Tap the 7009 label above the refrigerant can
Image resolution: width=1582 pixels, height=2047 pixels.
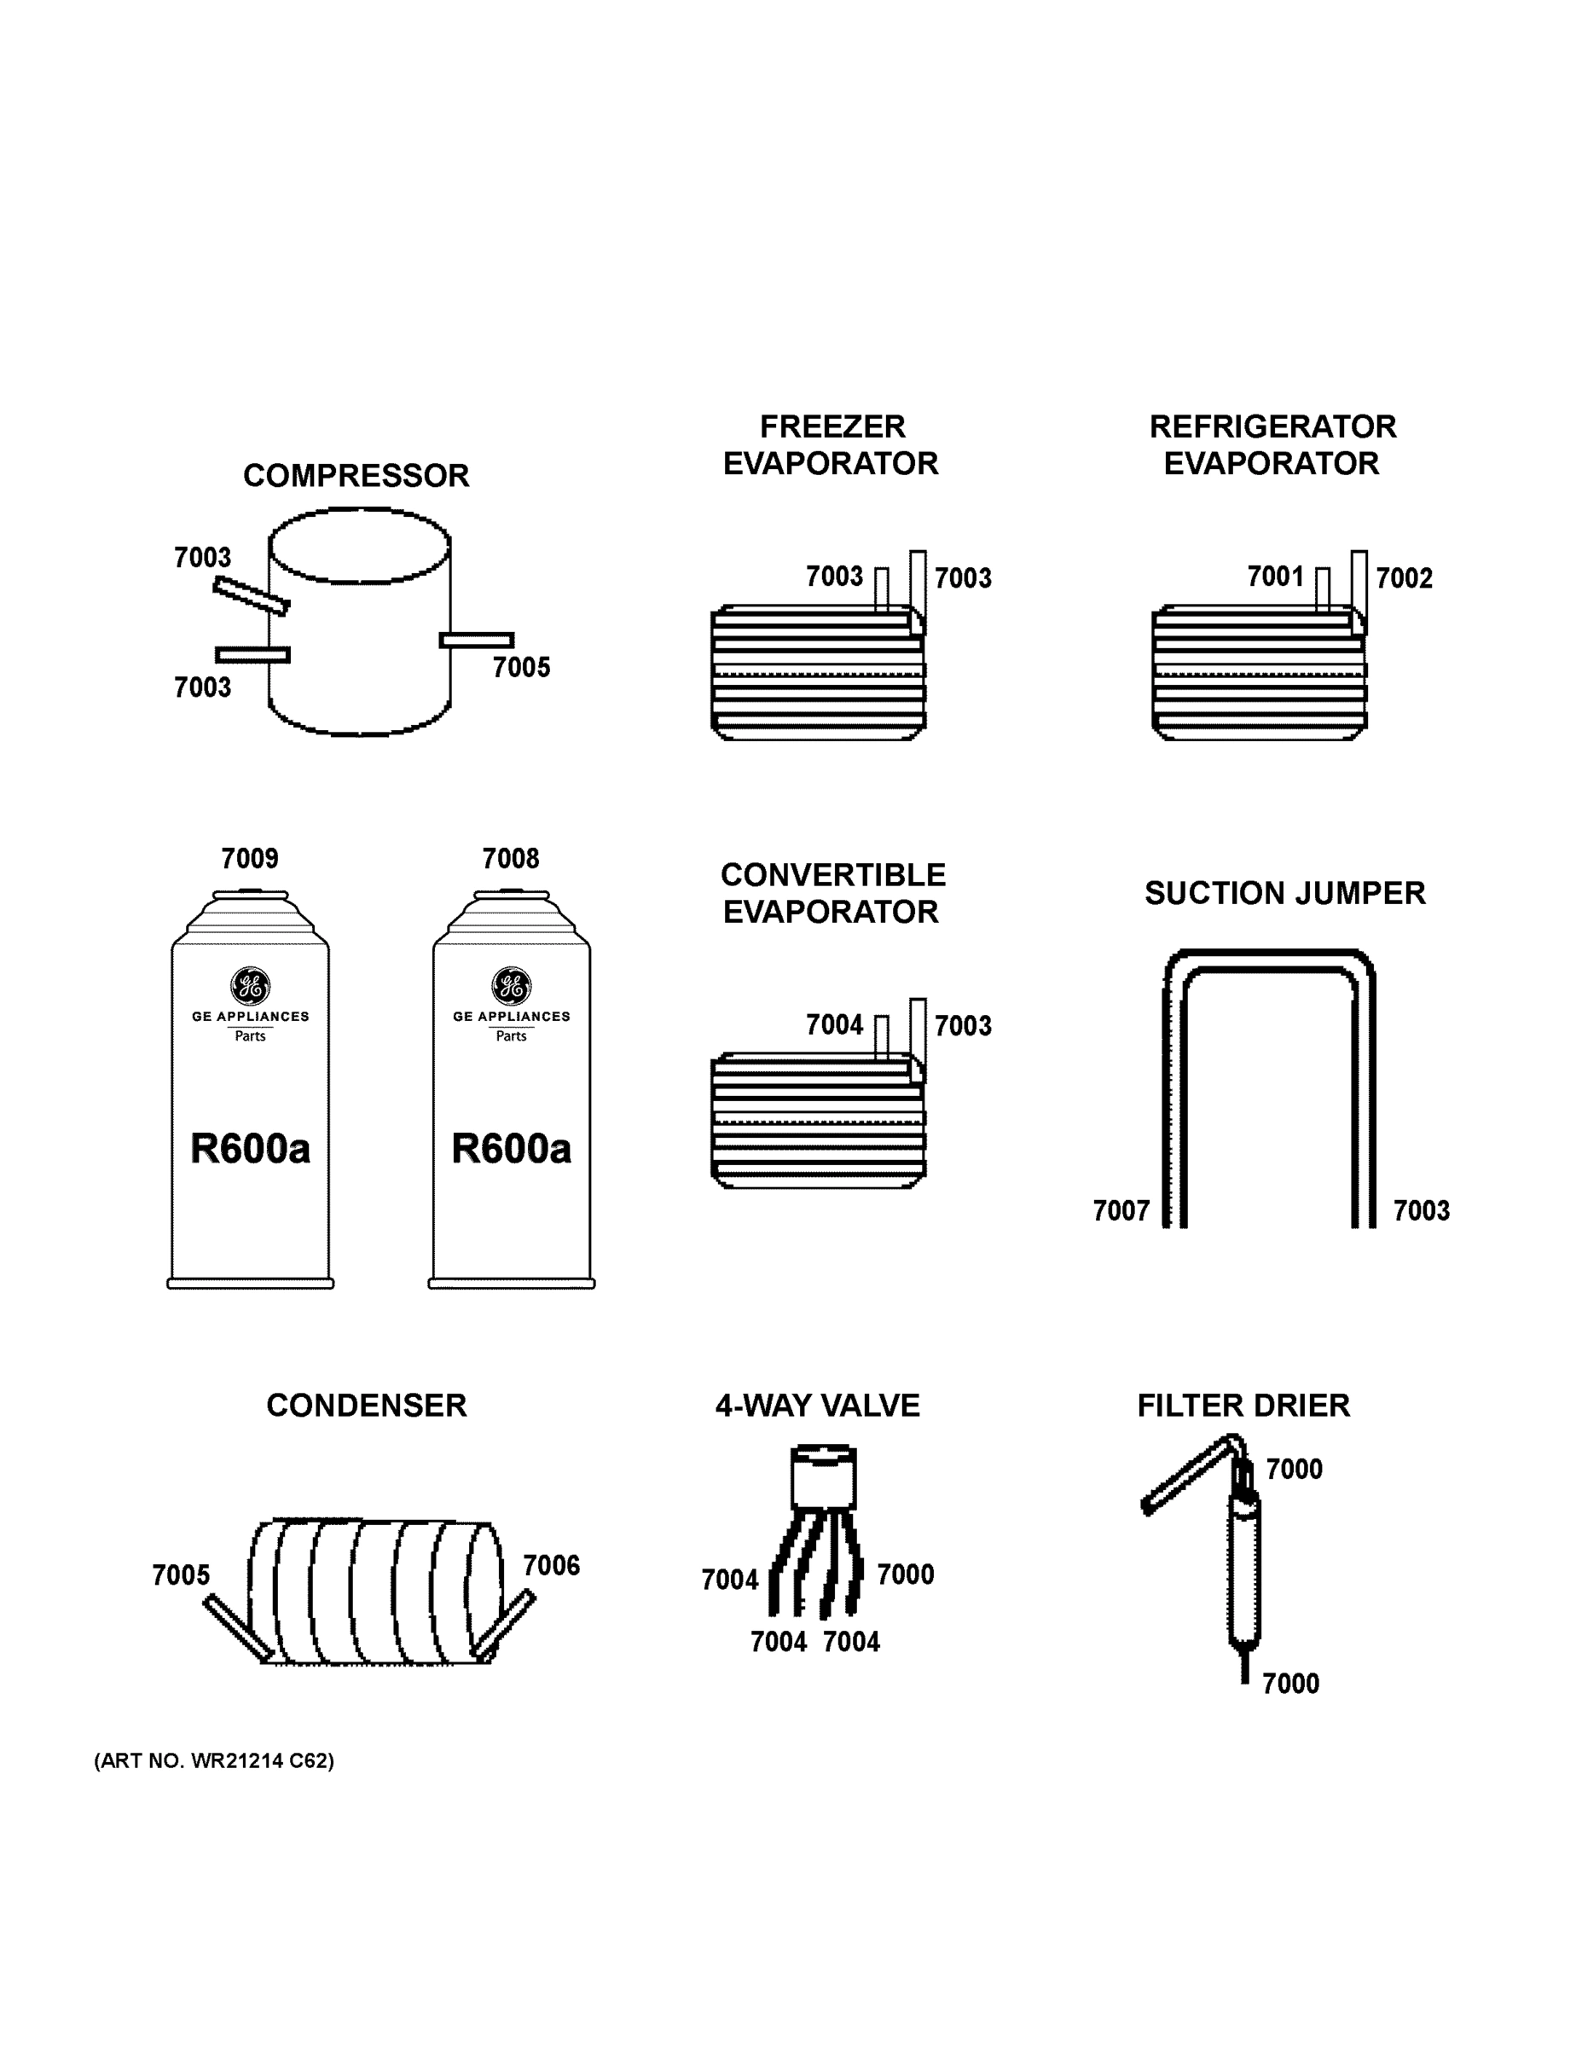point(249,859)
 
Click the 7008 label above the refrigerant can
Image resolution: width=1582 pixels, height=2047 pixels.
point(511,859)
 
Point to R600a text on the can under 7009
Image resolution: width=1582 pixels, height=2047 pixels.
point(249,1149)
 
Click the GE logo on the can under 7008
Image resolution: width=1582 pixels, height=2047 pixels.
point(511,986)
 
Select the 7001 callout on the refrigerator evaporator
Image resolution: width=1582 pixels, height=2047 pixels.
point(1275,577)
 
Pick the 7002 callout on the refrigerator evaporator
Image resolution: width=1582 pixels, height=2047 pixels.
point(1404,578)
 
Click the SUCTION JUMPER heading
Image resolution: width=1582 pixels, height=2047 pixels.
point(1284,893)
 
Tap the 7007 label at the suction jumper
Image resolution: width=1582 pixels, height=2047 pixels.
point(1121,1211)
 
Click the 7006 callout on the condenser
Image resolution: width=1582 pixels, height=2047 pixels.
point(551,1565)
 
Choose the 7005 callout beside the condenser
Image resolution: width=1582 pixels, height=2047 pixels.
point(181,1574)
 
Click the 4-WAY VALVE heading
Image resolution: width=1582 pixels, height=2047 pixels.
point(817,1406)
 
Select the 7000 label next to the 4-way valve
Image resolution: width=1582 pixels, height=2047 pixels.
point(906,1574)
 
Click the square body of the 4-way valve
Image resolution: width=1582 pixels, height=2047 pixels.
point(823,1481)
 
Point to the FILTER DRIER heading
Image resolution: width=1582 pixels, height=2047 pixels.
point(1243,1406)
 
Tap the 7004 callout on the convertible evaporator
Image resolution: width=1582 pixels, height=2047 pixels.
point(834,1025)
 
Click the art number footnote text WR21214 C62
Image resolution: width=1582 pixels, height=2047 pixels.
point(214,1761)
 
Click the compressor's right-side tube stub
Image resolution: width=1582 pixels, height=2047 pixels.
point(477,641)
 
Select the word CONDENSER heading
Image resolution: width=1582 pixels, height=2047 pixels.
point(366,1406)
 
